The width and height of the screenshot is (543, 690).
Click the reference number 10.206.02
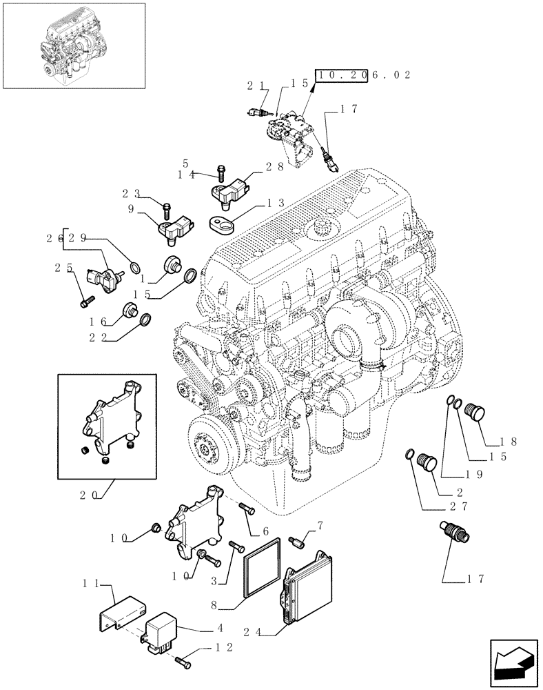(362, 75)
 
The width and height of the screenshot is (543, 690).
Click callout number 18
(513, 440)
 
